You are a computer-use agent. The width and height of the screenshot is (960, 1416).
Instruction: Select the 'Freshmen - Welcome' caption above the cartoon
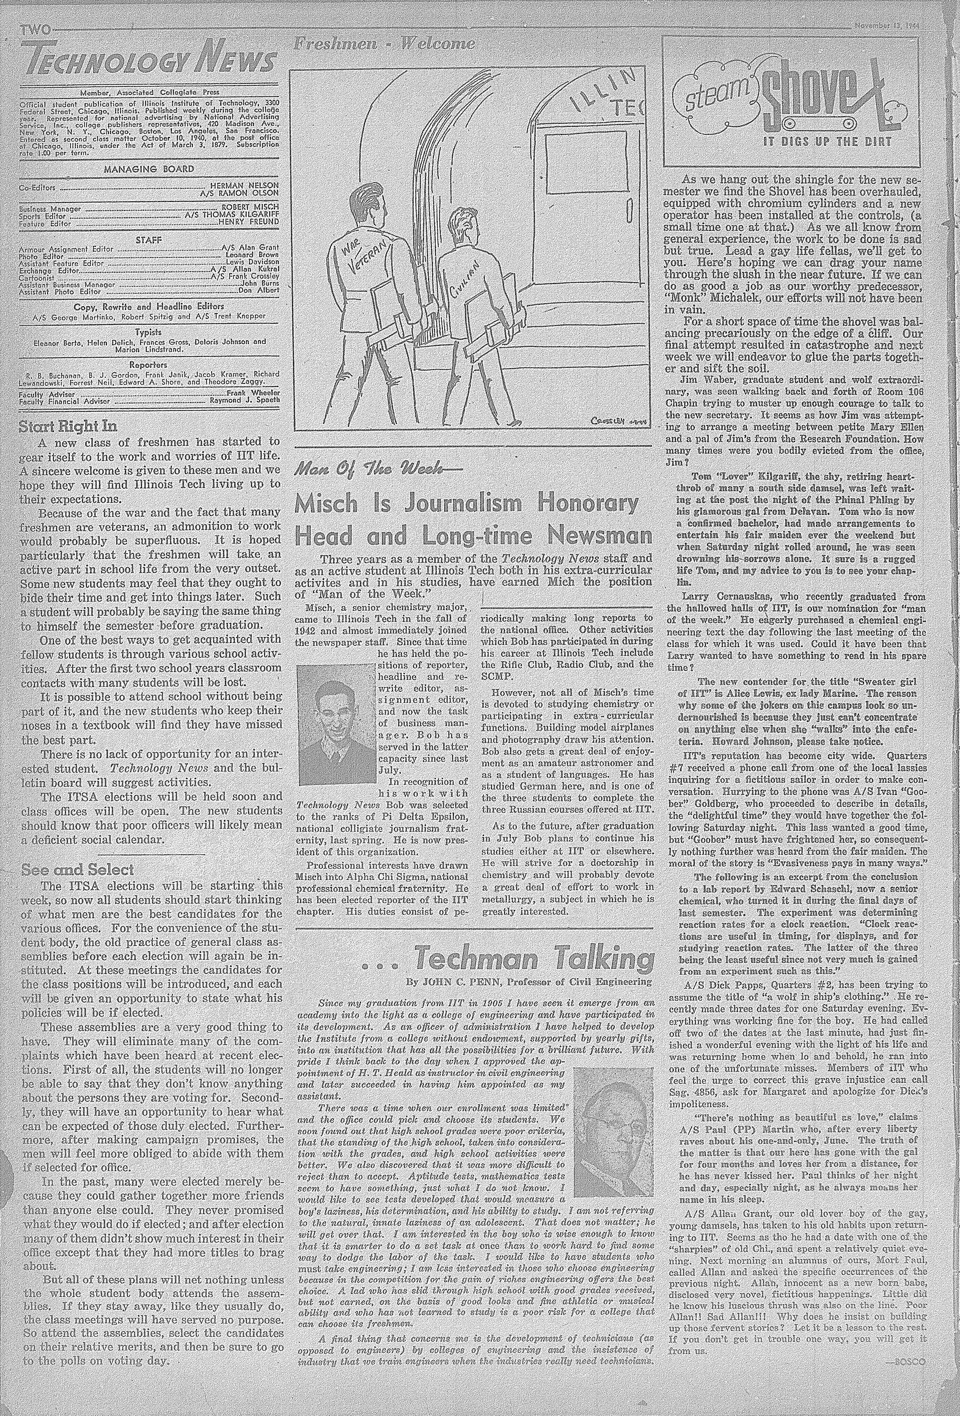[x=384, y=44]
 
